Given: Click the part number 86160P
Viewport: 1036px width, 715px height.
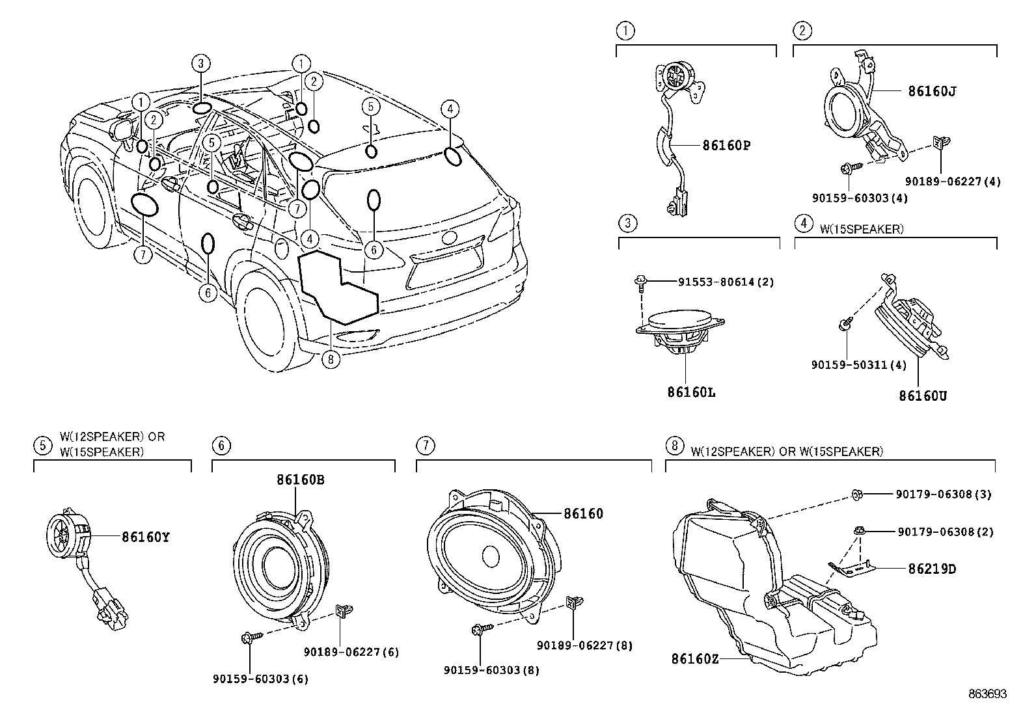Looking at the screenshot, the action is click(726, 146).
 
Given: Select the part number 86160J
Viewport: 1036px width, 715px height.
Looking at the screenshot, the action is click(932, 91).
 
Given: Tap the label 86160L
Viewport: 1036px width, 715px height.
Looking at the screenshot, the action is click(691, 393).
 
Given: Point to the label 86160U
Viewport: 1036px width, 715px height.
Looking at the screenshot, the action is click(923, 396).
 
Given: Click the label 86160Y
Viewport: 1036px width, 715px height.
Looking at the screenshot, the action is click(146, 537).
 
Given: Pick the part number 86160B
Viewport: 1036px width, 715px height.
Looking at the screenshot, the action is click(301, 480).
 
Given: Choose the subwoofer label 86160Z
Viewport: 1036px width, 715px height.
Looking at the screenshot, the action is click(695, 658).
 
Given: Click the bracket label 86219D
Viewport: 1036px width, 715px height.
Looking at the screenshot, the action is click(932, 569).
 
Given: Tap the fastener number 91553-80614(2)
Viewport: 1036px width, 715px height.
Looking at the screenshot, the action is click(726, 282).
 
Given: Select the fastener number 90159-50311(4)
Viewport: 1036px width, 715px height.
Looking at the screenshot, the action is click(859, 365).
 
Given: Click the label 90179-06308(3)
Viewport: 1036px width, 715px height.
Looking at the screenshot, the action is click(944, 494).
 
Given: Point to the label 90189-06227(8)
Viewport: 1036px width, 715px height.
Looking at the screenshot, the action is click(584, 645).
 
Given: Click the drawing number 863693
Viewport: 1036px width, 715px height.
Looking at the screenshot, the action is click(987, 694).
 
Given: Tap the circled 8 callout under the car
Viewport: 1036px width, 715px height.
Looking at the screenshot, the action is click(331, 359).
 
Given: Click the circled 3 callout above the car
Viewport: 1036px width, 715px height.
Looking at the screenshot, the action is click(200, 63).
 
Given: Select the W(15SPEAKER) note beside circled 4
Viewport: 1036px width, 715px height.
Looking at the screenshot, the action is click(862, 229).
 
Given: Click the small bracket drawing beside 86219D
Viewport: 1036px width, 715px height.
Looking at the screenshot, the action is click(851, 569).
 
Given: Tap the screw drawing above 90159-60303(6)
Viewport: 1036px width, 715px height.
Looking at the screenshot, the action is click(252, 638).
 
